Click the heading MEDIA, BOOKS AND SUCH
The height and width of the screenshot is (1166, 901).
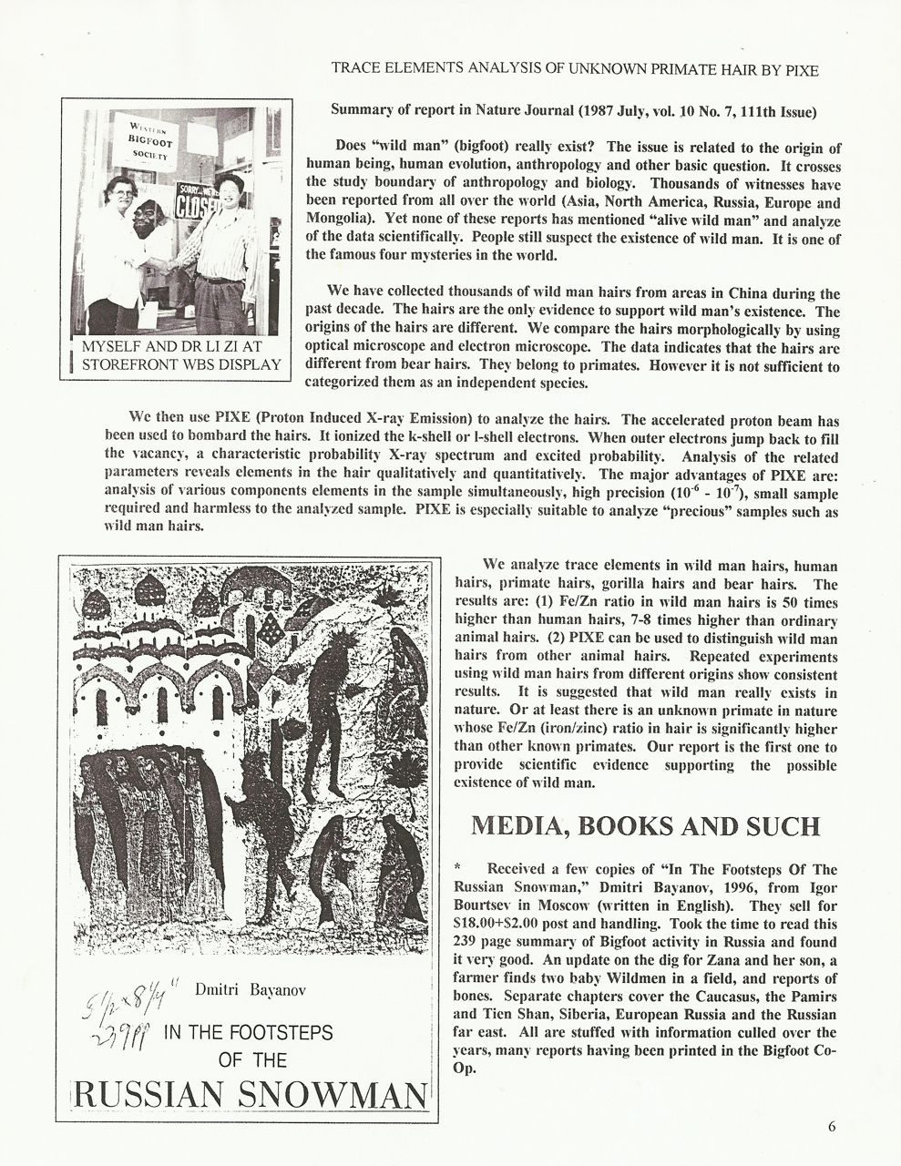click(x=645, y=825)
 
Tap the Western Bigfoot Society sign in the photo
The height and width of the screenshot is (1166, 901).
click(x=144, y=141)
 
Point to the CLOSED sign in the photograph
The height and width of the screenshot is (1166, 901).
click(x=197, y=202)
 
